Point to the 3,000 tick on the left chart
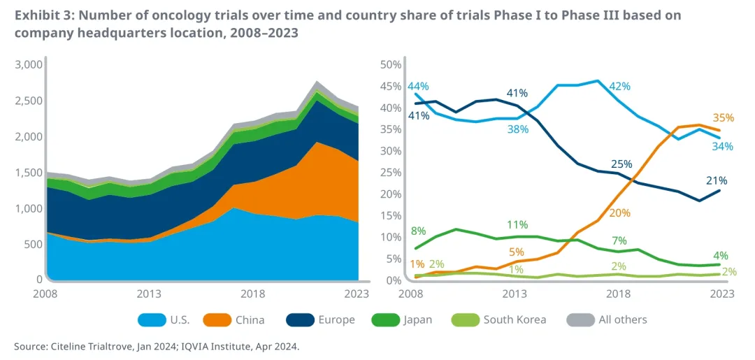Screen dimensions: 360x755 tap(29, 64)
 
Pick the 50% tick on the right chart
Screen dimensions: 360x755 tap(390, 64)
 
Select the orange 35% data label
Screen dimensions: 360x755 tap(724, 117)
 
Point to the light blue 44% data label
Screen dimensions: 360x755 tap(418, 86)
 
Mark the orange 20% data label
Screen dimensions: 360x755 tap(619, 213)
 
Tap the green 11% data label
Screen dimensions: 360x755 tap(517, 224)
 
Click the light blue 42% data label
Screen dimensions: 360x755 tap(619, 86)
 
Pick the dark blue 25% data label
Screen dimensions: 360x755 tap(621, 164)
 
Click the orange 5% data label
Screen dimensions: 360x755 tap(516, 252)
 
